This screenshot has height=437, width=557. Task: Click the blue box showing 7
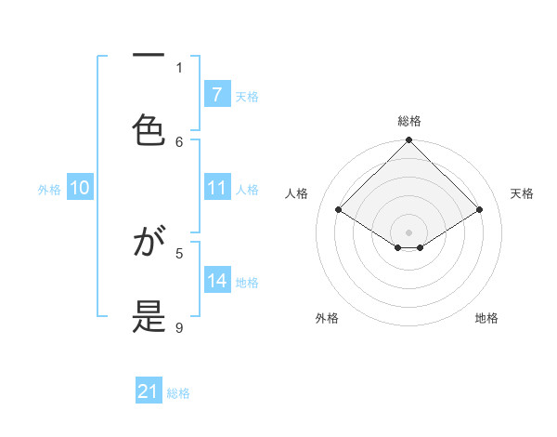216,95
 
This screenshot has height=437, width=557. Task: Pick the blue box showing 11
216,188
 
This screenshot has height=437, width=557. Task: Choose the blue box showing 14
216,281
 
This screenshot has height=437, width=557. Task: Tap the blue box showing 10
80,188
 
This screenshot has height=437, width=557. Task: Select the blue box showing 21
149,392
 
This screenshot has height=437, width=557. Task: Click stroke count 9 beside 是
179,327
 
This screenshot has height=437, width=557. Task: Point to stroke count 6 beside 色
179,141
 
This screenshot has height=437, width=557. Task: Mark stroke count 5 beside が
179,252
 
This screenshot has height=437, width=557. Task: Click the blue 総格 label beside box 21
178,393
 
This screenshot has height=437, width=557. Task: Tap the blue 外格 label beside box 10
49,189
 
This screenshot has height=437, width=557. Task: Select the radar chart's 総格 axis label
408,121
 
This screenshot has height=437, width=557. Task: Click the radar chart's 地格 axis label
486,318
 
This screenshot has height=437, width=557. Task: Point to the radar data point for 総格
408,141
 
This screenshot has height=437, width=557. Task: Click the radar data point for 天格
480,209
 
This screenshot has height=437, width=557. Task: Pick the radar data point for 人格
338,209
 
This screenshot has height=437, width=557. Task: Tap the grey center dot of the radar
408,232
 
